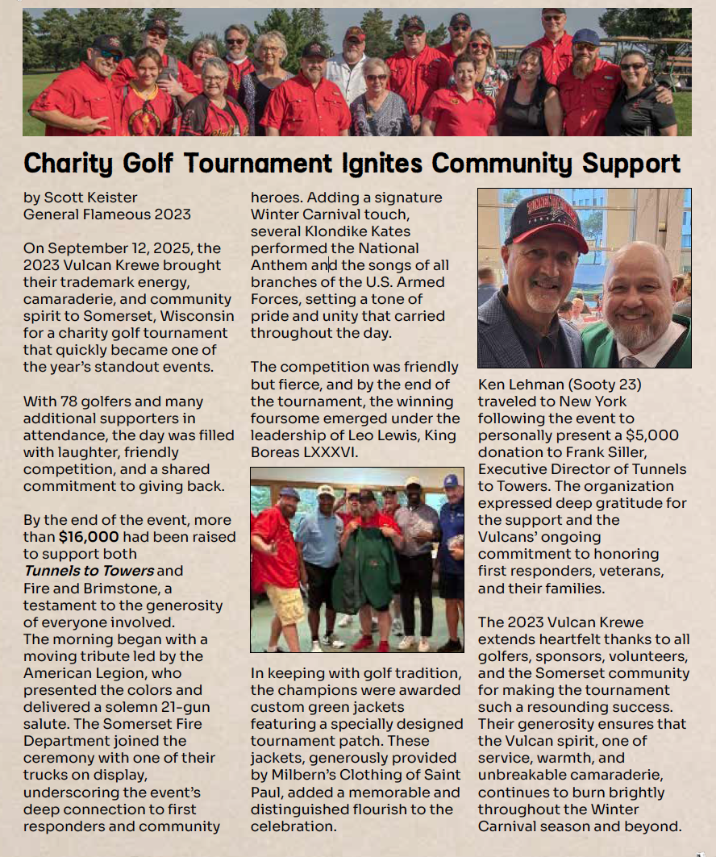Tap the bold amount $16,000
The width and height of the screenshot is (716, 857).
pos(89,536)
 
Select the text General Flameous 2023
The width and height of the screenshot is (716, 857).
pos(107,214)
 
